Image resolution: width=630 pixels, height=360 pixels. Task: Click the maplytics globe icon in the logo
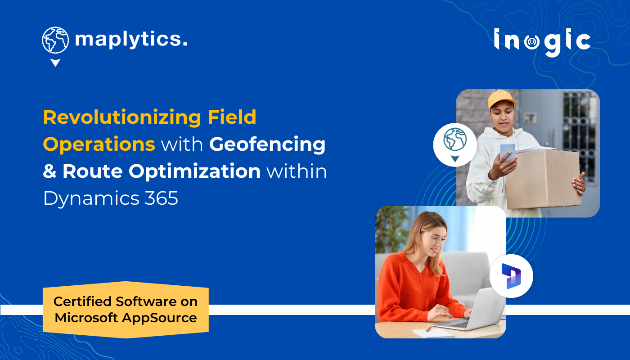(55, 40)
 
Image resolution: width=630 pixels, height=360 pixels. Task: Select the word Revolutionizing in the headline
(122, 117)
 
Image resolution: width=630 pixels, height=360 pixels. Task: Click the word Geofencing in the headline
(267, 144)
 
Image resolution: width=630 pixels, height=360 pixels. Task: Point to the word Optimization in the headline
(162, 171)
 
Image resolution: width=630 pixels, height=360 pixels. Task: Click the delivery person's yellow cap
(500, 98)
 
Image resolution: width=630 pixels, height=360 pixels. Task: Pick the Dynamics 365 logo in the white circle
(511, 275)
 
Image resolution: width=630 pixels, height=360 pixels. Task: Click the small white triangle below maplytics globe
(55, 63)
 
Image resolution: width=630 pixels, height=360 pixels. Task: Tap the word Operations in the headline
(99, 144)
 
